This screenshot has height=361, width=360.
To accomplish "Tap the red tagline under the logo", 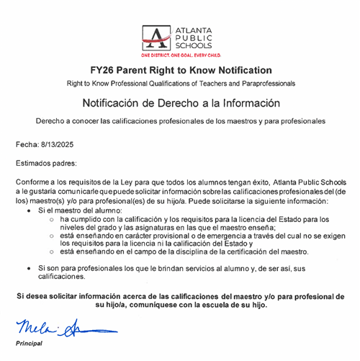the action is [x=180, y=55].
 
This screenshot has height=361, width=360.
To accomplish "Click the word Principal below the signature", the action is [x=30, y=343].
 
